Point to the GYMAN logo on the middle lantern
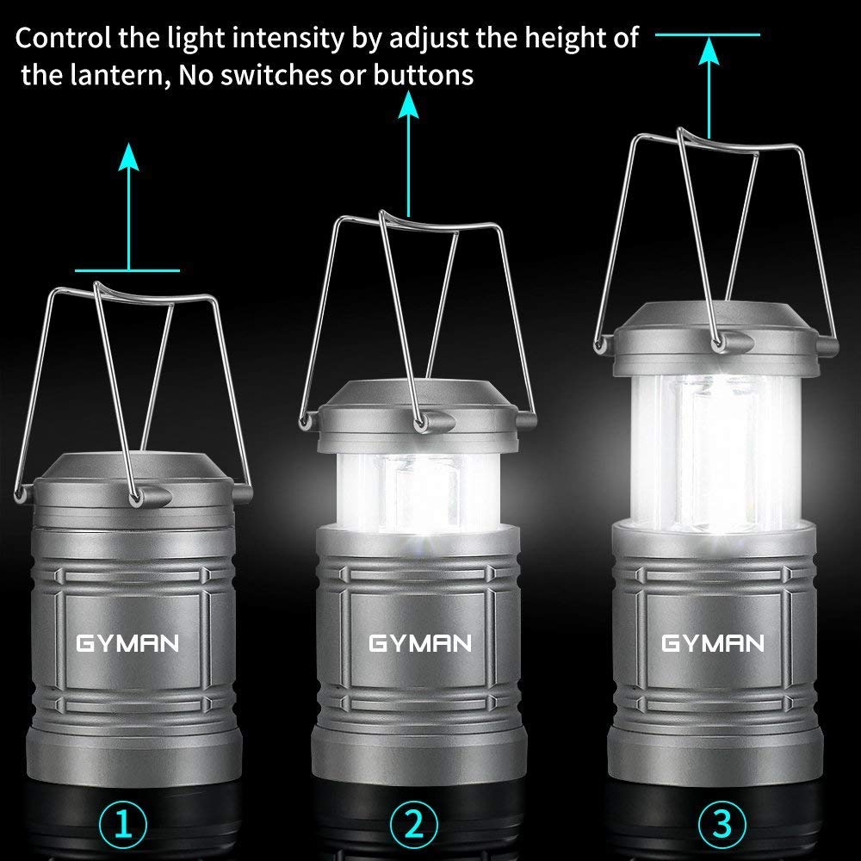pos(420,643)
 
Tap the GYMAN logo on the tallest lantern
pos(712,643)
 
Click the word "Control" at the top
pos(59,39)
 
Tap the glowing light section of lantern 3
pos(712,448)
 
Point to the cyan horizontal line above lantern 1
pos(128,270)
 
